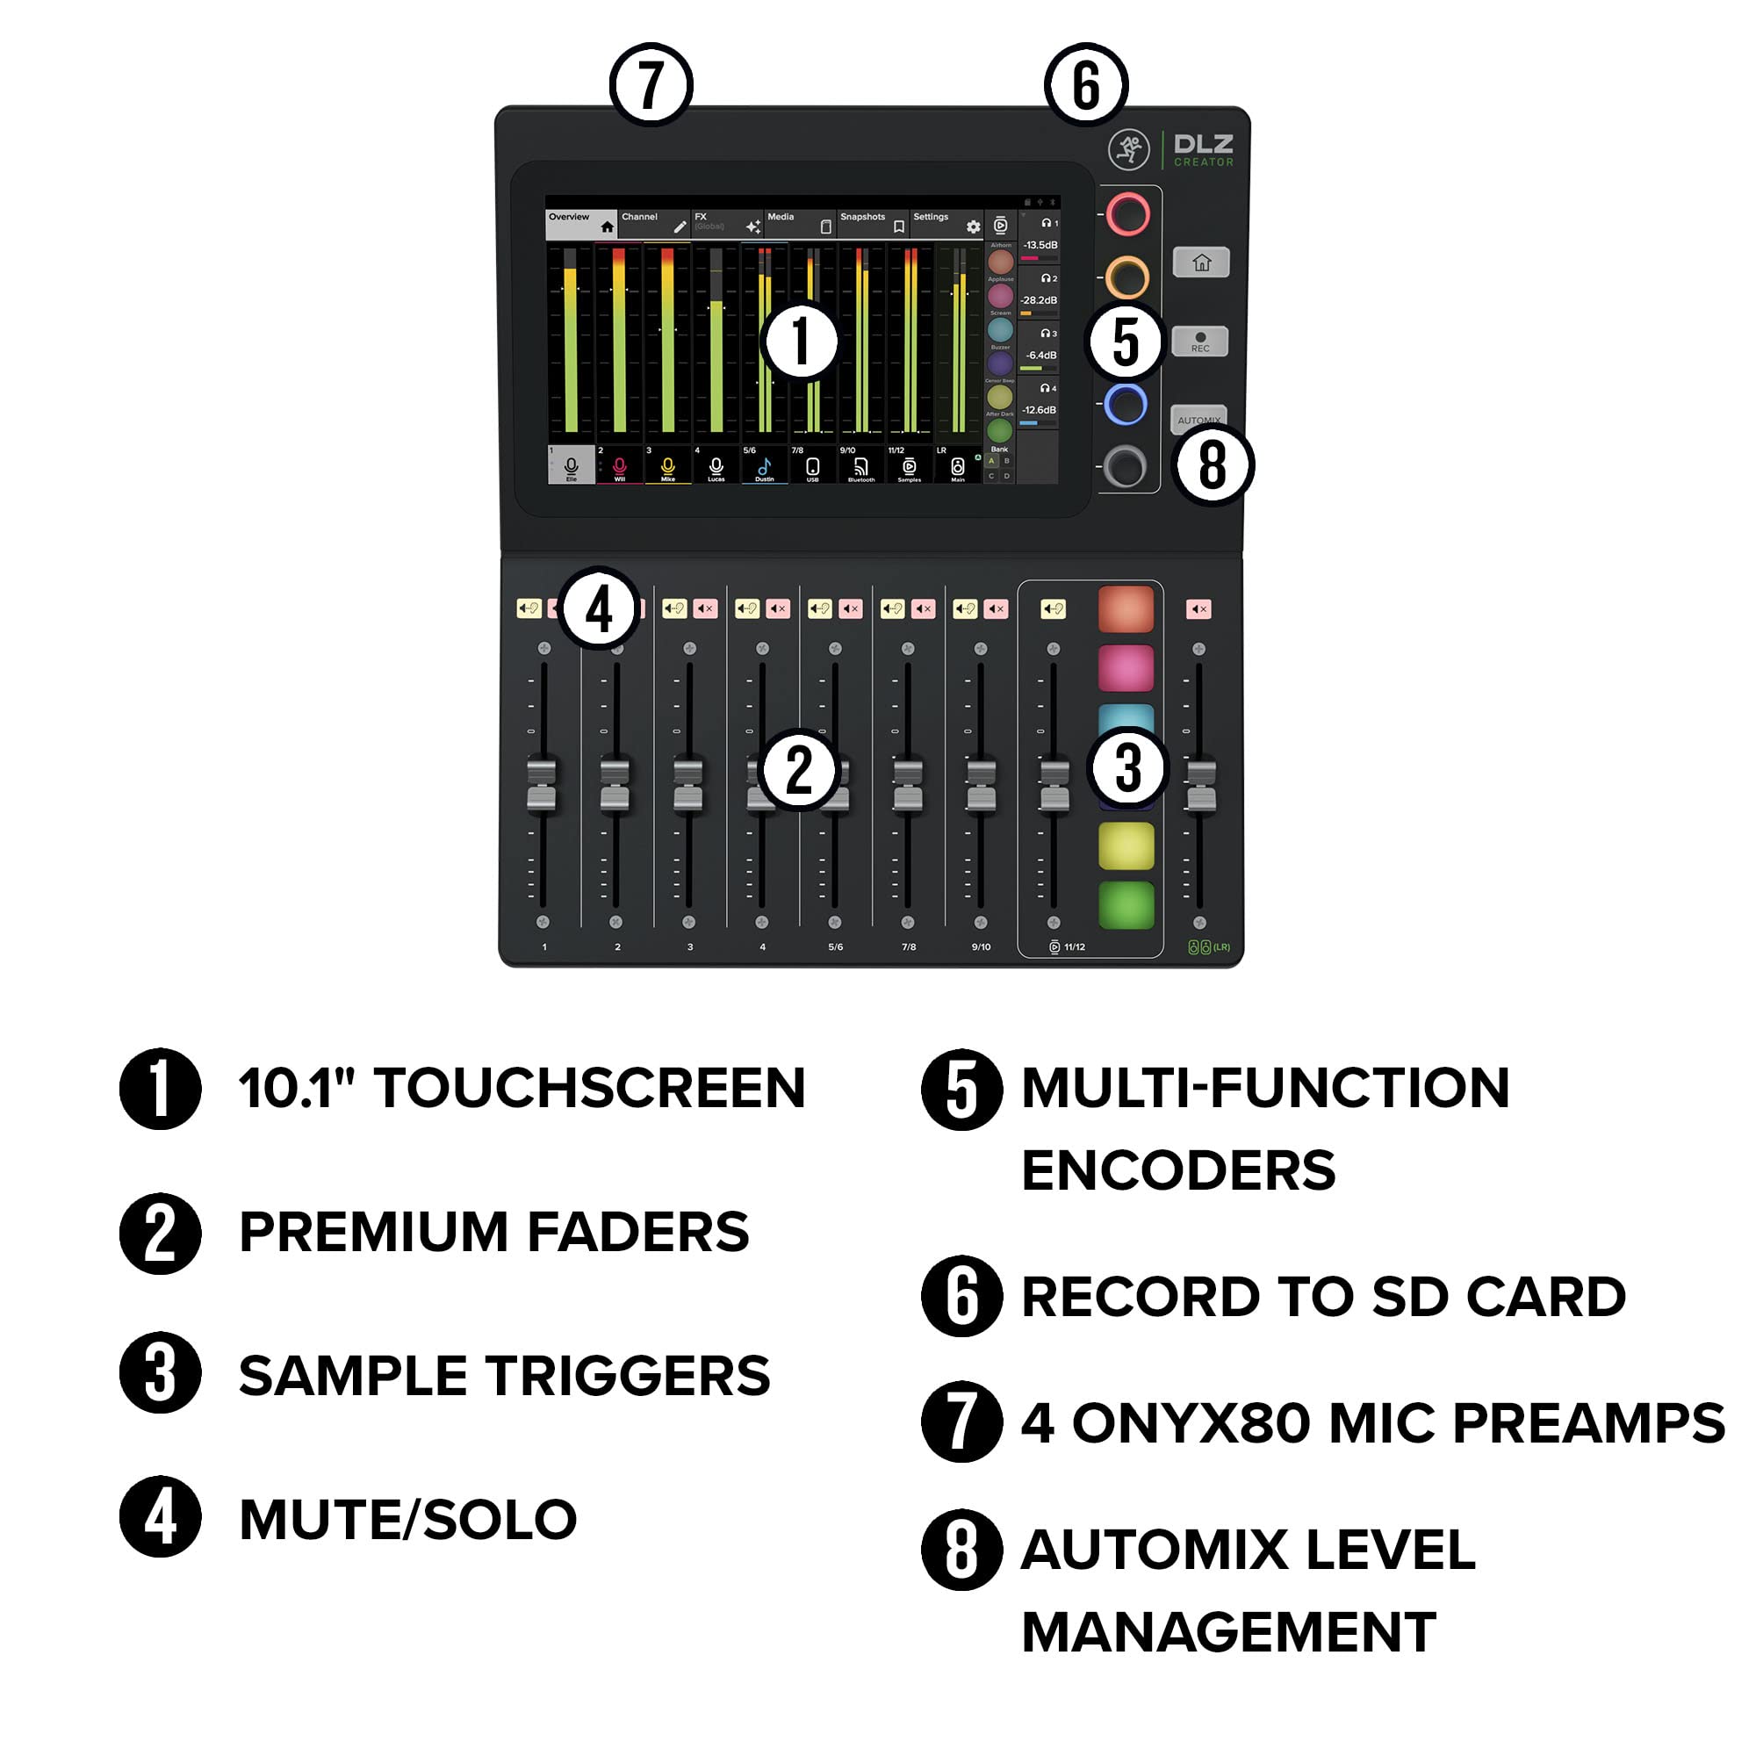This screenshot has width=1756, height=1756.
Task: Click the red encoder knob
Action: click(x=1128, y=214)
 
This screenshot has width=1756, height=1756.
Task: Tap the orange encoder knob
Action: click(x=1127, y=277)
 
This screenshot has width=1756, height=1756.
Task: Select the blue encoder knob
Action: click(x=1126, y=405)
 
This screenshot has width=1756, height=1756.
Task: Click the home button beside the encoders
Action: click(x=1200, y=263)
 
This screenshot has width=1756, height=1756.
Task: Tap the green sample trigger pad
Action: click(x=1126, y=905)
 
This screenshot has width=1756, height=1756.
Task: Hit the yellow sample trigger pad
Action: click(x=1126, y=846)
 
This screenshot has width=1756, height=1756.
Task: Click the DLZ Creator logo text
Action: click(x=1203, y=150)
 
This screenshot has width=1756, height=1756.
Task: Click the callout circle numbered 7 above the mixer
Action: click(x=651, y=84)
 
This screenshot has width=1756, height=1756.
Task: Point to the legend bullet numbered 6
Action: click(x=961, y=1296)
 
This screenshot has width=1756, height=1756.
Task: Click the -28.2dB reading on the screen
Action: click(x=1039, y=300)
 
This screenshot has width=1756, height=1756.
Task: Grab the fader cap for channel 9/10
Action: click(x=981, y=785)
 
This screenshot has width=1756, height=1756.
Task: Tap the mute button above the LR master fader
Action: click(x=1198, y=609)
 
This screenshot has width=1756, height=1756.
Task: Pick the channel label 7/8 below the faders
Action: click(x=908, y=947)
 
